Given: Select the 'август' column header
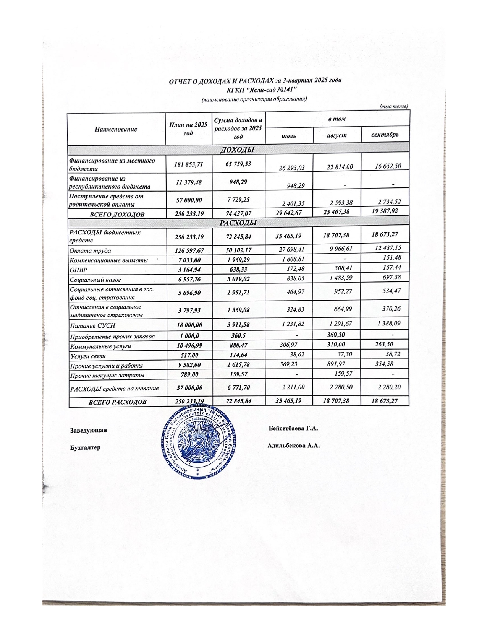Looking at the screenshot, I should [x=337, y=135].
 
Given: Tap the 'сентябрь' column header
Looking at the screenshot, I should [x=385, y=135].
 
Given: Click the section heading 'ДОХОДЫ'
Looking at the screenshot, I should [x=237, y=150].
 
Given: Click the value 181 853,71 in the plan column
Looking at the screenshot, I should [x=189, y=164].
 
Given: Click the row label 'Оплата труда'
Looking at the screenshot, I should [x=90, y=251].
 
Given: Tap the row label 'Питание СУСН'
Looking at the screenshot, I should [x=92, y=326].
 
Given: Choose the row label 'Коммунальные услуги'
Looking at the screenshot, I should [x=100, y=346].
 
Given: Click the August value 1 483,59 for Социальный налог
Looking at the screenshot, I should [x=336, y=278].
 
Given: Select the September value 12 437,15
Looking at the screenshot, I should [x=385, y=248].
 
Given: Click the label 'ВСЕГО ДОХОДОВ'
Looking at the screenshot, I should [x=117, y=215].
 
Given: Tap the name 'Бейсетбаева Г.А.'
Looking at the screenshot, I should [x=293, y=428].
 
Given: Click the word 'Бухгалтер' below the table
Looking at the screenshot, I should [x=85, y=447].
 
